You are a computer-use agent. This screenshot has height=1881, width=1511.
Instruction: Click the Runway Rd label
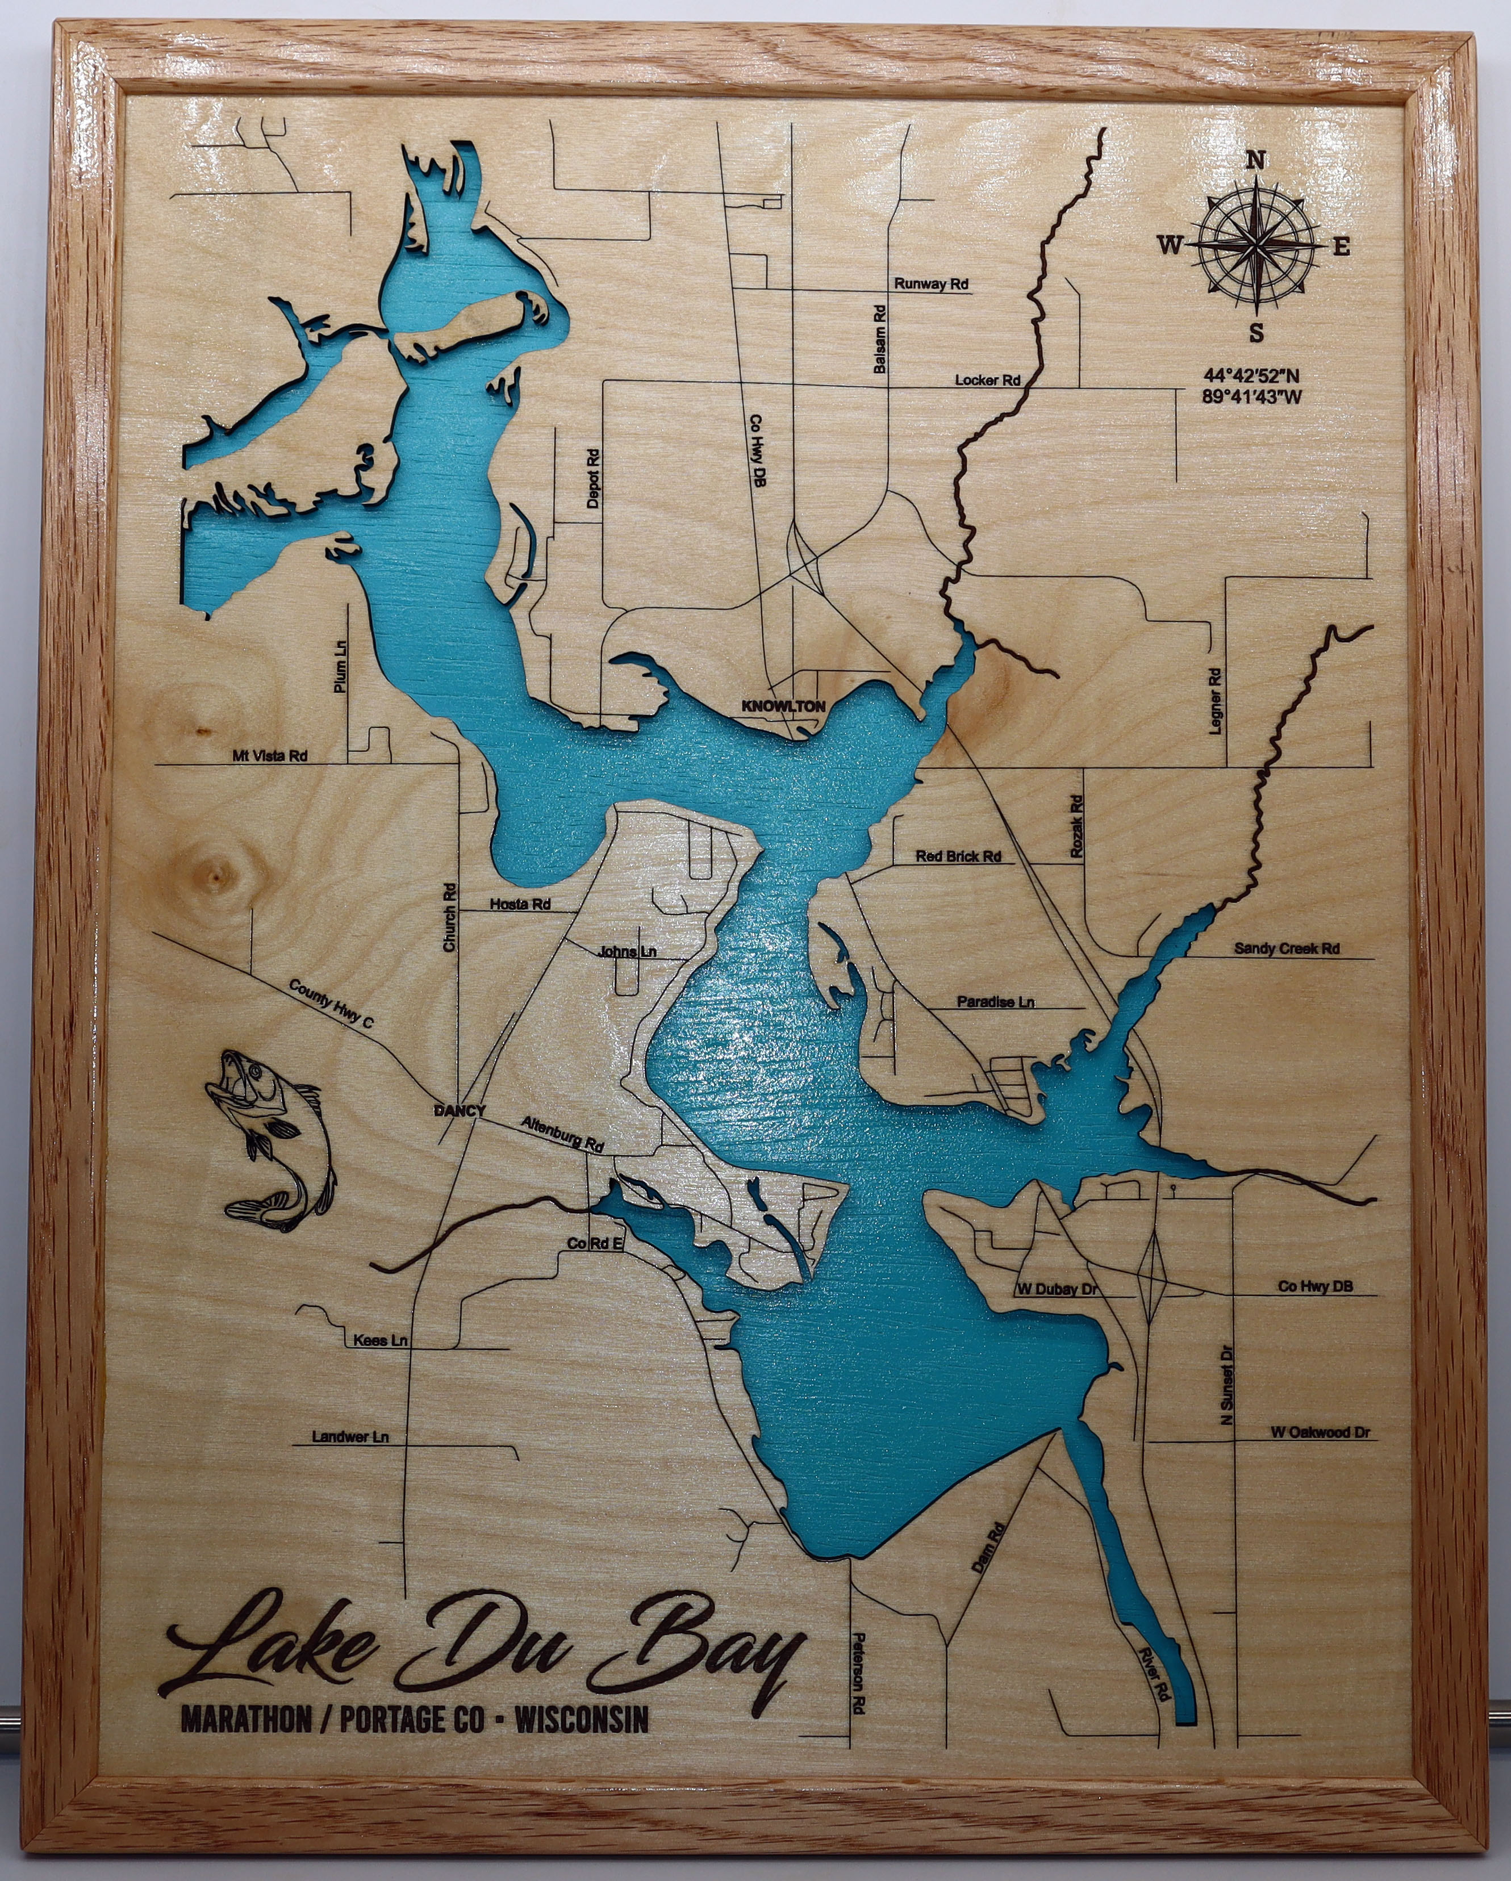pyautogui.click(x=931, y=285)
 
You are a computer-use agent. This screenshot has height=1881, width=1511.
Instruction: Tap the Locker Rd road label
pyautogui.click(x=988, y=381)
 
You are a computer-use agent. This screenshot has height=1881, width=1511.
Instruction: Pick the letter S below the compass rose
pyautogui.click(x=1257, y=333)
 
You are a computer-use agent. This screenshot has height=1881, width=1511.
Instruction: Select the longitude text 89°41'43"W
pyautogui.click(x=1252, y=399)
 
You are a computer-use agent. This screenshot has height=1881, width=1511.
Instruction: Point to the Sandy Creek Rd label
pyautogui.click(x=1287, y=948)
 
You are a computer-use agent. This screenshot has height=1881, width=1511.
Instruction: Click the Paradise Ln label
pyautogui.click(x=995, y=1002)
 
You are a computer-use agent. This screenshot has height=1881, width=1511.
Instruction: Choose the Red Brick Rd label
pyautogui.click(x=958, y=857)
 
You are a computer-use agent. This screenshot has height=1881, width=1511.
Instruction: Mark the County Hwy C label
pyautogui.click(x=331, y=1004)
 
